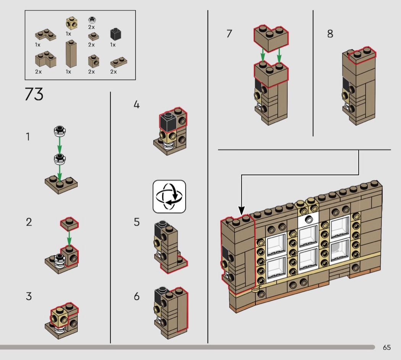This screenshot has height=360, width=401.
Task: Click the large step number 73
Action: pos(34,94)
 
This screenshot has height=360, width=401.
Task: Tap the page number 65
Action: pos(386,347)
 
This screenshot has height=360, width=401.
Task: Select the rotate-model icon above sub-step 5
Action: pos(169,196)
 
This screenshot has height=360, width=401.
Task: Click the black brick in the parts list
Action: pos(116,34)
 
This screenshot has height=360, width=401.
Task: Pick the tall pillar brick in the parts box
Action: pos(71,54)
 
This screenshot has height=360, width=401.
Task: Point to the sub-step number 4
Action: pos(137,105)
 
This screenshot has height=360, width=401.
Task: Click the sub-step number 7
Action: pos(229,34)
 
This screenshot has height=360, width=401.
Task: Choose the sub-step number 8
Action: pos(330,34)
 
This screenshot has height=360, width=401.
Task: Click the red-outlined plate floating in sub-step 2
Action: pos(69,223)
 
